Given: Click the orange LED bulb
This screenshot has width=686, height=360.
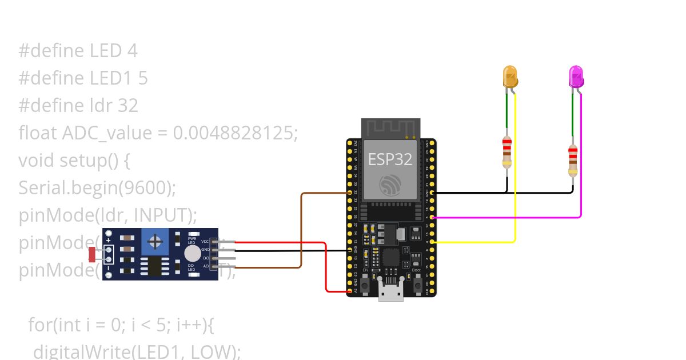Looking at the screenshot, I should (510, 76).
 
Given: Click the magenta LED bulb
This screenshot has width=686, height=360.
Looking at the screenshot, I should (576, 76).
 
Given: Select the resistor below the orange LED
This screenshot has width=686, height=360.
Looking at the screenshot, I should (506, 152).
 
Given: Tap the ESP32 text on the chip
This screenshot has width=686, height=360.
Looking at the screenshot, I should (390, 159).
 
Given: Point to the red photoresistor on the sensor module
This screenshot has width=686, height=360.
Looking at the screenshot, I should (93, 254).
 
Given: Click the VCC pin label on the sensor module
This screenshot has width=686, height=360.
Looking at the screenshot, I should (205, 242).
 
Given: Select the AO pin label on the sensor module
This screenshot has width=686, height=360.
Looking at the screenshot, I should (205, 266).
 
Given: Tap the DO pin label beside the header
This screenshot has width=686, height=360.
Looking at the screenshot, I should (205, 258).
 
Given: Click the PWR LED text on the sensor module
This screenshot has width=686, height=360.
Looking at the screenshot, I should (192, 240).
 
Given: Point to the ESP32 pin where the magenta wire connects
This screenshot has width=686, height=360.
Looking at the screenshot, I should (432, 218).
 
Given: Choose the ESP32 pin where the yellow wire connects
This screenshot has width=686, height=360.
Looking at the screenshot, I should (432, 242).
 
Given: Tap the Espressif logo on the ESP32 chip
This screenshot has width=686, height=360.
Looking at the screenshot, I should (390, 185).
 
